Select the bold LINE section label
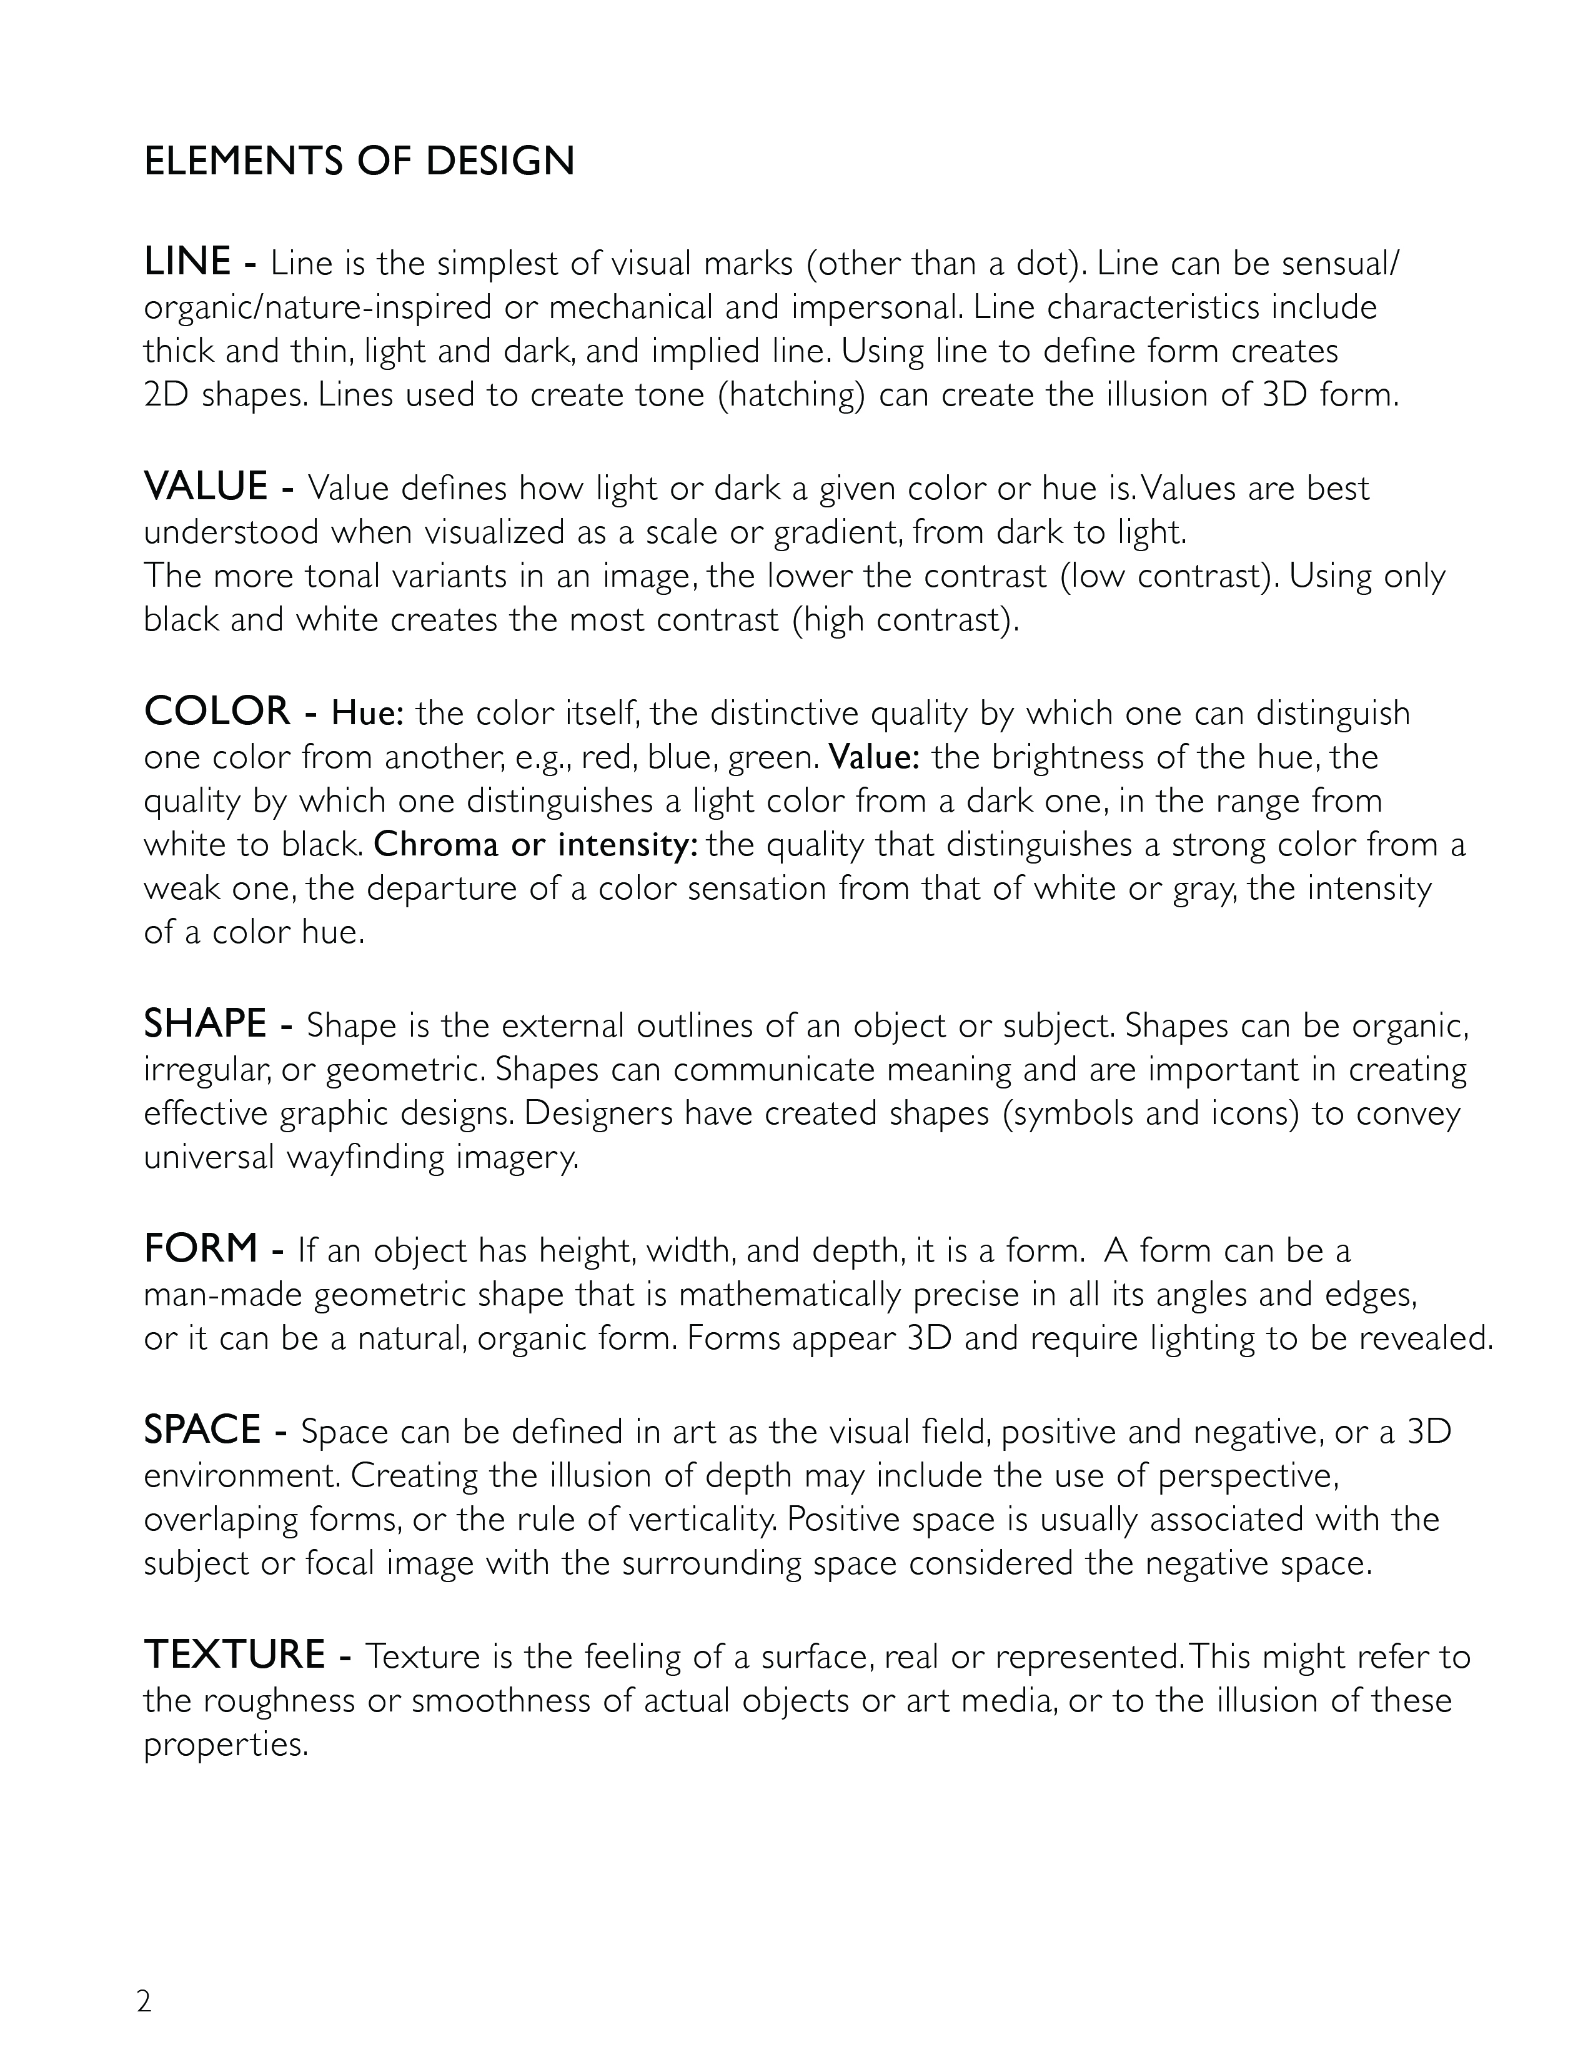pos(187,262)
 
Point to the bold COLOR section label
pos(217,712)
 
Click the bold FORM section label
pos(200,1248)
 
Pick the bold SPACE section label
pos(202,1430)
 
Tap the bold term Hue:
pos(367,714)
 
